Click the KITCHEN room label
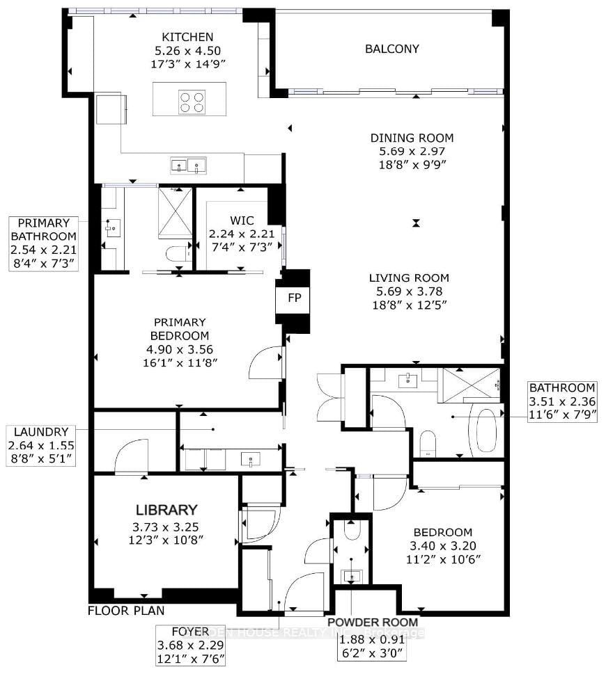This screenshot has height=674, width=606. tap(187, 37)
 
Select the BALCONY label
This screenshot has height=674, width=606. tap(393, 49)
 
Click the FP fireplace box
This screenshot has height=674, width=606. tap(293, 296)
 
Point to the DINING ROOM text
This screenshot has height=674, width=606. tap(412, 138)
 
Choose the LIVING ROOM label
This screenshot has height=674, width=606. tap(409, 278)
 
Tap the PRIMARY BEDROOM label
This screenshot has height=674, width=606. tap(180, 322)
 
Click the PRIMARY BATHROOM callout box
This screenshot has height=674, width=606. tap(43, 243)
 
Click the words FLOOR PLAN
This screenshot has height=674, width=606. tap(125, 611)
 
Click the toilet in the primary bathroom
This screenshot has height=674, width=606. tap(179, 254)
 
